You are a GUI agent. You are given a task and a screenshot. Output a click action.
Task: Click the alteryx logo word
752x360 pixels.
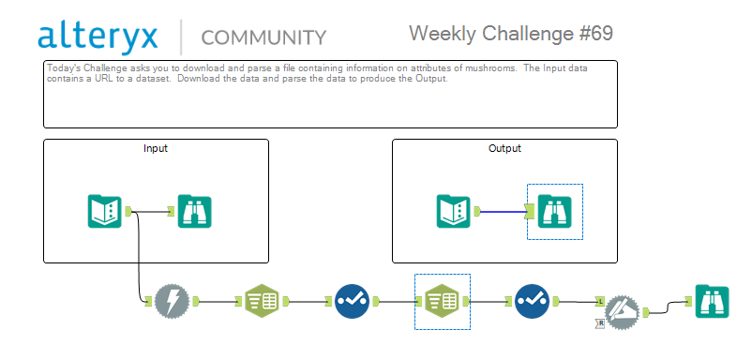(98, 37)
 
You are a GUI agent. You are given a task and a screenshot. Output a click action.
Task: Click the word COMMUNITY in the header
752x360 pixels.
(263, 37)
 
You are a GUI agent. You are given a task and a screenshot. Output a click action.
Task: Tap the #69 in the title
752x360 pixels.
(596, 34)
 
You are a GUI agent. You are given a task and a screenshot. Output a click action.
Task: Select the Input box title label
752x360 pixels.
(156, 149)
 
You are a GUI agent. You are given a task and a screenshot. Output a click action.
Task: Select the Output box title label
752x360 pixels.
(504, 149)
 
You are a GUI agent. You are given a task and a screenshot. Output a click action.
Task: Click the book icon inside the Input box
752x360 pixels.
(105, 211)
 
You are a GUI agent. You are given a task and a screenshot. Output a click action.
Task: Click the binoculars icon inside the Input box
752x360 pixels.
(195, 211)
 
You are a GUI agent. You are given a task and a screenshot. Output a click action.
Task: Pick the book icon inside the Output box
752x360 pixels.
(453, 211)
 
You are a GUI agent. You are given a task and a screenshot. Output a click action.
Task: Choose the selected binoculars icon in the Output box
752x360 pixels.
(555, 211)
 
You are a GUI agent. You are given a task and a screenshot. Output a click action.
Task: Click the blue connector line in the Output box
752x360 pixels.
(504, 211)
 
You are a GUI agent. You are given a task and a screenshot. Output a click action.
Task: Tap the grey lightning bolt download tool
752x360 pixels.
(173, 302)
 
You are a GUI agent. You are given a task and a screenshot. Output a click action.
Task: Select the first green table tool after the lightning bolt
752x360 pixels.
(262, 302)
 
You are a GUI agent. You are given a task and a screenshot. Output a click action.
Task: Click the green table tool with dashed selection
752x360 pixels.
(443, 302)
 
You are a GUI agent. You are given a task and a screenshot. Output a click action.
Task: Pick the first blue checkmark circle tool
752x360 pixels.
(352, 302)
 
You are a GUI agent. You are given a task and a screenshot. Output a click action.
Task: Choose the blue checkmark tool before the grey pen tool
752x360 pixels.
(533, 302)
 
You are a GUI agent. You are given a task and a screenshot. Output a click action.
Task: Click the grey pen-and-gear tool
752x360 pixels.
(622, 312)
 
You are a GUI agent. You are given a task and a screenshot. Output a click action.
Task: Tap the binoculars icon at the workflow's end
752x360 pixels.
(713, 302)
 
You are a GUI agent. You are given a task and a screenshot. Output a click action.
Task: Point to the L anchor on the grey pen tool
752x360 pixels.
(600, 302)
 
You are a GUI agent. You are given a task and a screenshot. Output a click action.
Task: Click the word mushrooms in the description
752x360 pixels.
(496, 68)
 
